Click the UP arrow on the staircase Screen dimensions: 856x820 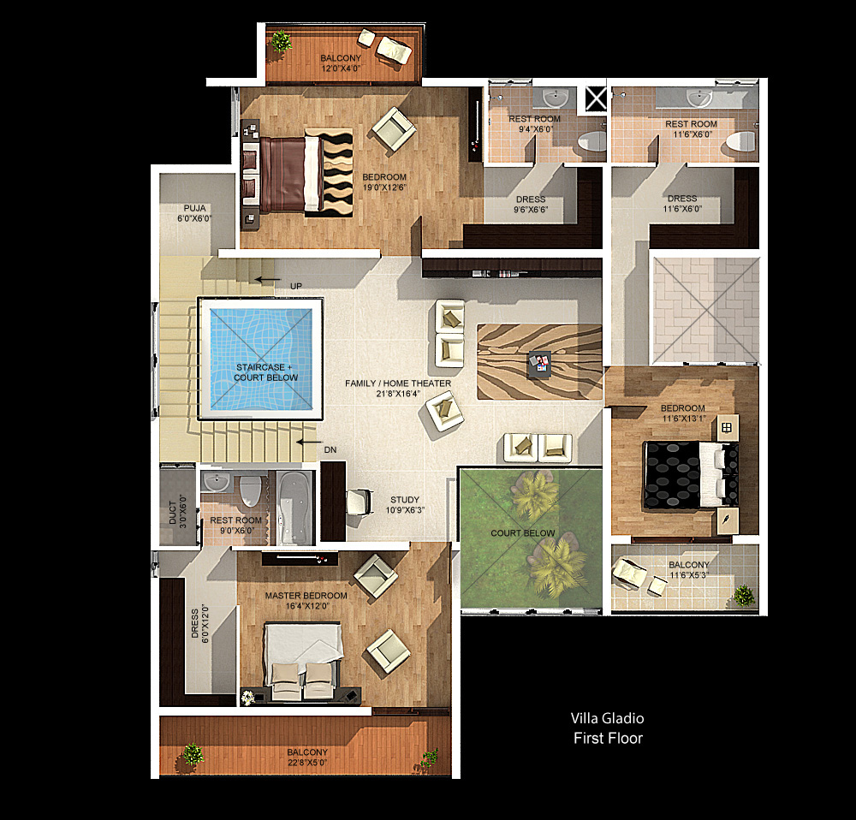(269, 280)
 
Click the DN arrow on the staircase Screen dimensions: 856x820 (309, 443)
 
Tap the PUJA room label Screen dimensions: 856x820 (195, 208)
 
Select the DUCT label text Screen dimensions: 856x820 (173, 513)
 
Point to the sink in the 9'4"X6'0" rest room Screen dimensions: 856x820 (556, 98)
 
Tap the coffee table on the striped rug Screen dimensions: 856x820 (538, 364)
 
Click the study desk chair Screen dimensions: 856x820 (360, 502)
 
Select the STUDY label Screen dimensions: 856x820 (405, 500)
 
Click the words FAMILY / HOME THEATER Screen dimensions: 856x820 (398, 383)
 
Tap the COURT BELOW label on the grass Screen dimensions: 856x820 (522, 533)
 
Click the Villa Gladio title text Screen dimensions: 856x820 (607, 718)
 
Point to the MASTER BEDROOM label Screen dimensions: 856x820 (306, 596)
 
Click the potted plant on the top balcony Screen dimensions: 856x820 (281, 41)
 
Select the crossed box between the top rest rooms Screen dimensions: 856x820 (596, 98)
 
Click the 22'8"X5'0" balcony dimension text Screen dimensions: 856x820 (307, 762)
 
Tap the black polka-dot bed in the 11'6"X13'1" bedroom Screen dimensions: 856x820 (691, 474)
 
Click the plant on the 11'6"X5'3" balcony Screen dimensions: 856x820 (744, 595)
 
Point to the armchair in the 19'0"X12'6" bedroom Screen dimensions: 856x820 (393, 129)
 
